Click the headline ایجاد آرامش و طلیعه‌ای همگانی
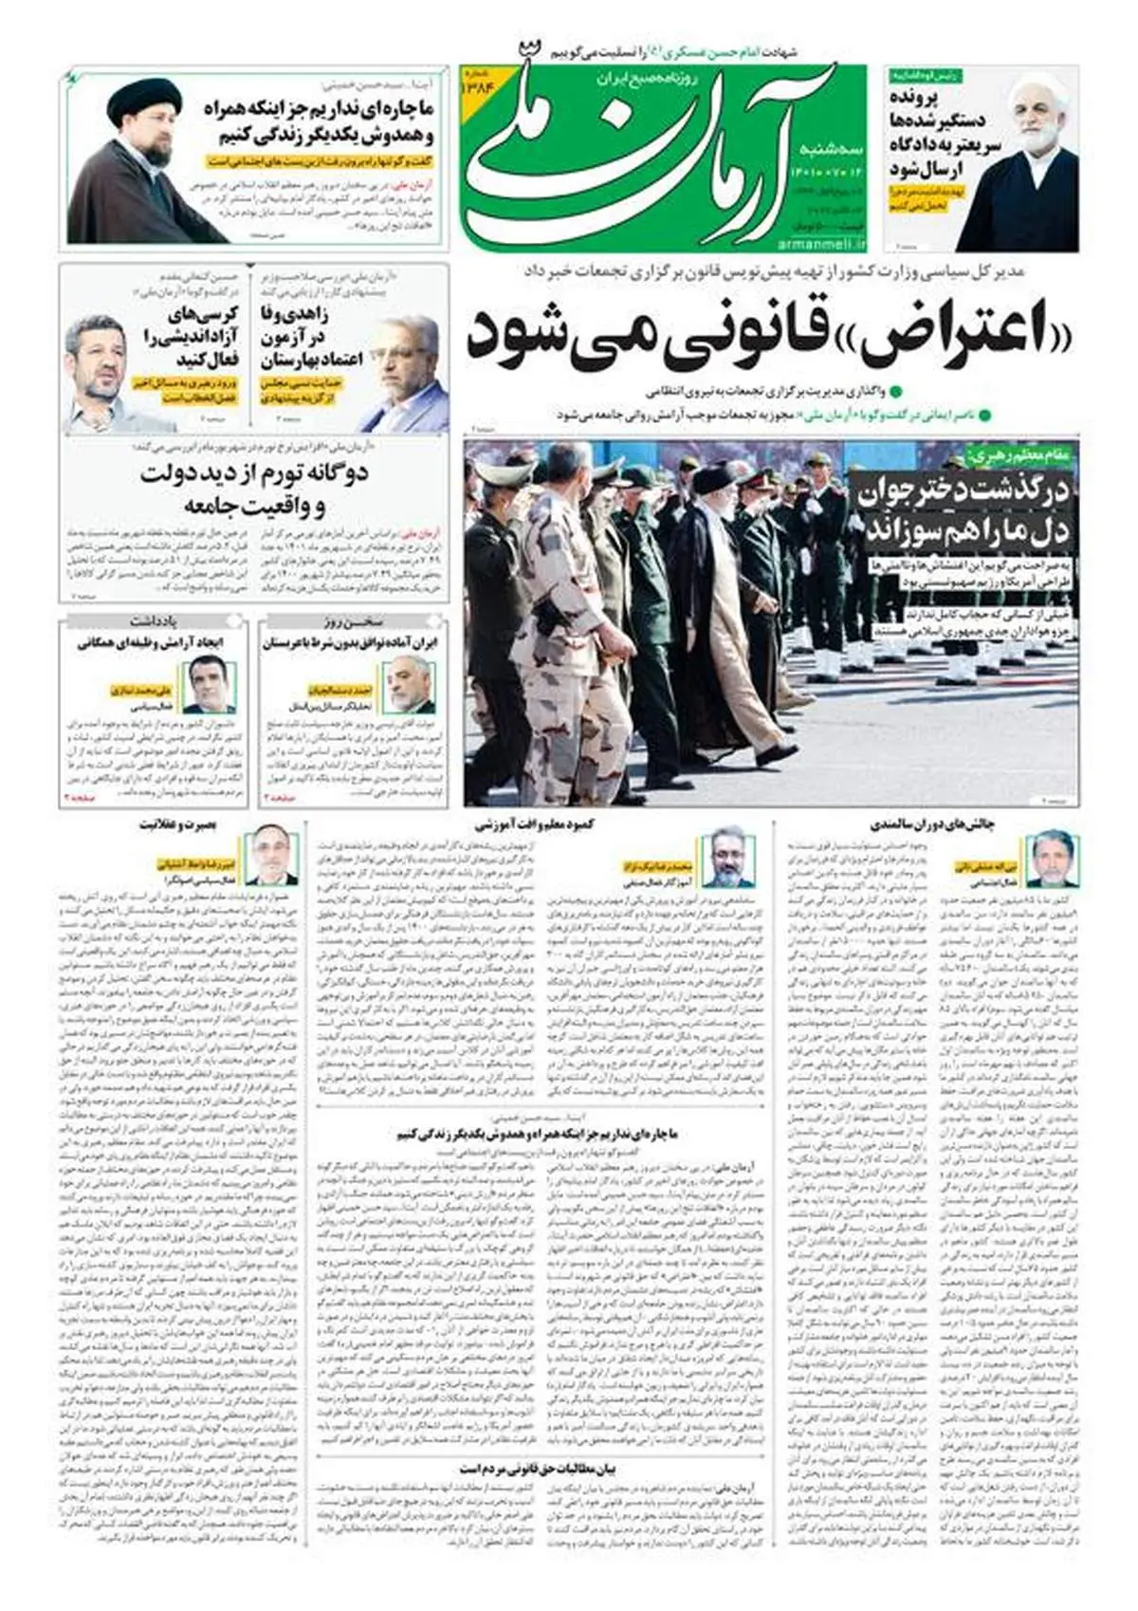tap(155, 643)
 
